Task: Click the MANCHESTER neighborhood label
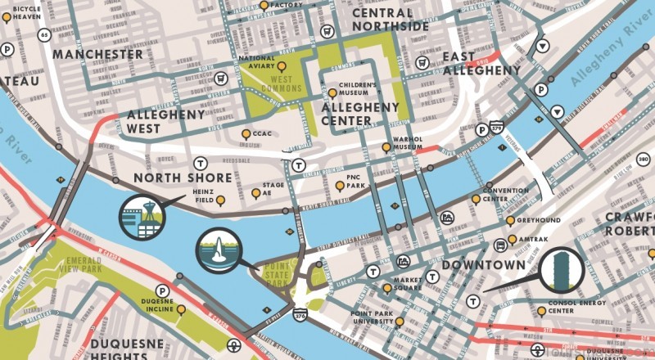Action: point(97,54)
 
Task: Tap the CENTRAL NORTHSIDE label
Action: point(390,20)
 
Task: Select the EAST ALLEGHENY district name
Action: point(481,63)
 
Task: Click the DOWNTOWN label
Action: point(483,266)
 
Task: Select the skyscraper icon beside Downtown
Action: point(562,271)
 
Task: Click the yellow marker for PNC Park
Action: point(340,187)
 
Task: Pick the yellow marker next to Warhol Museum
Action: point(386,147)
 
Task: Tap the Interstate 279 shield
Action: point(495,127)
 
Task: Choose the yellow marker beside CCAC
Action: point(246,133)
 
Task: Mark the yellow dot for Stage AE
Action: point(255,193)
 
